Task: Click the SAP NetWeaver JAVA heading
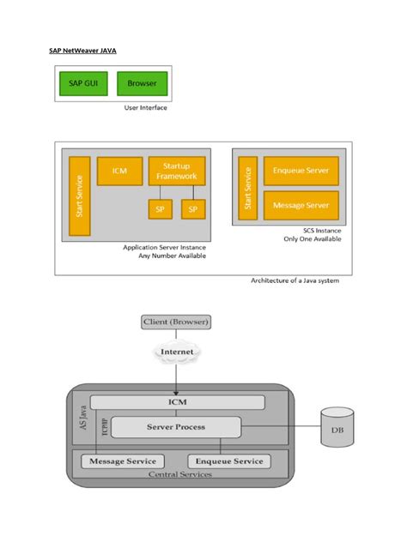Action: pos(82,51)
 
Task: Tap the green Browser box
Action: pos(142,83)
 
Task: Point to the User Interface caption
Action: pos(146,108)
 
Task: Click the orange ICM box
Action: pos(119,171)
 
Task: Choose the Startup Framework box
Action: pos(176,170)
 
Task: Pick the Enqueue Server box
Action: pos(301,171)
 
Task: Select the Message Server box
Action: pos(301,206)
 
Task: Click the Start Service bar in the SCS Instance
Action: pos(248,188)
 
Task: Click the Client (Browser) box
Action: pos(175,322)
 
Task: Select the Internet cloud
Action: pos(175,352)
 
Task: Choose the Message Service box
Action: pos(123,461)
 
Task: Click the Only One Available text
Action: pos(312,238)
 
